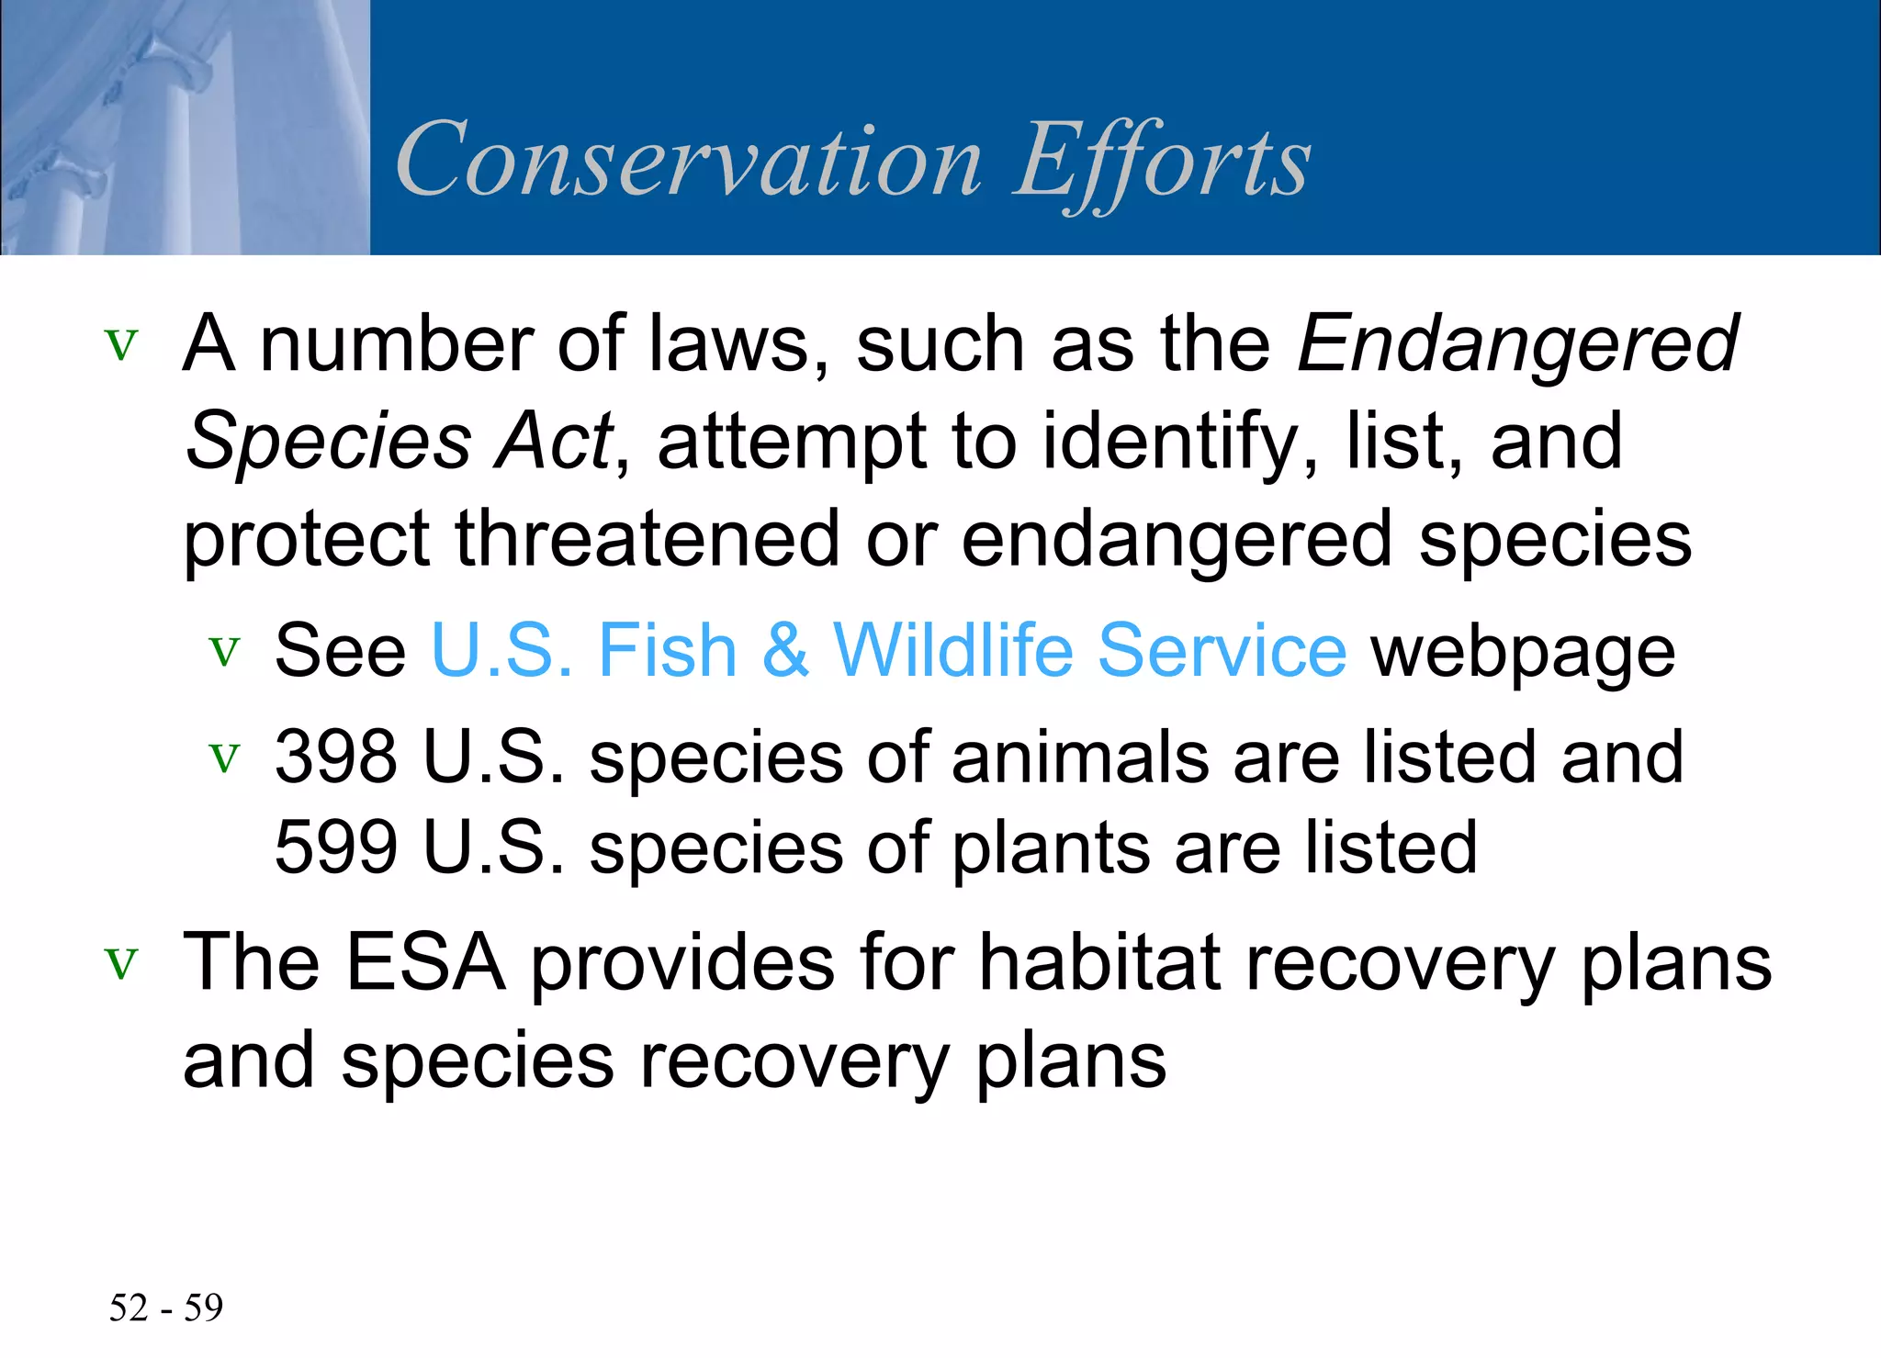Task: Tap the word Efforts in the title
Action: pyautogui.click(x=1162, y=163)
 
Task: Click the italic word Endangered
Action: pyautogui.click(x=1517, y=344)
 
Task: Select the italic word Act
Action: pyautogui.click(x=555, y=442)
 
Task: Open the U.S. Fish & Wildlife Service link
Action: pyautogui.click(x=888, y=651)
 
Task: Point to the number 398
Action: pyautogui.click(x=336, y=758)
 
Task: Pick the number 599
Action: pyautogui.click(x=336, y=847)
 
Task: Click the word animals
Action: pyautogui.click(x=1080, y=758)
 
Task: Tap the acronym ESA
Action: pyautogui.click(x=425, y=963)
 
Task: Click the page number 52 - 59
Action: pyautogui.click(x=166, y=1307)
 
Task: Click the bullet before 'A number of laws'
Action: pyautogui.click(x=121, y=346)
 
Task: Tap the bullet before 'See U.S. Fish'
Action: pyautogui.click(x=224, y=652)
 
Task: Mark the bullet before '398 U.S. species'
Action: pyautogui.click(x=224, y=758)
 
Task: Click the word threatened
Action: pyautogui.click(x=648, y=539)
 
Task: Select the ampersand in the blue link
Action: pyautogui.click(x=785, y=651)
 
